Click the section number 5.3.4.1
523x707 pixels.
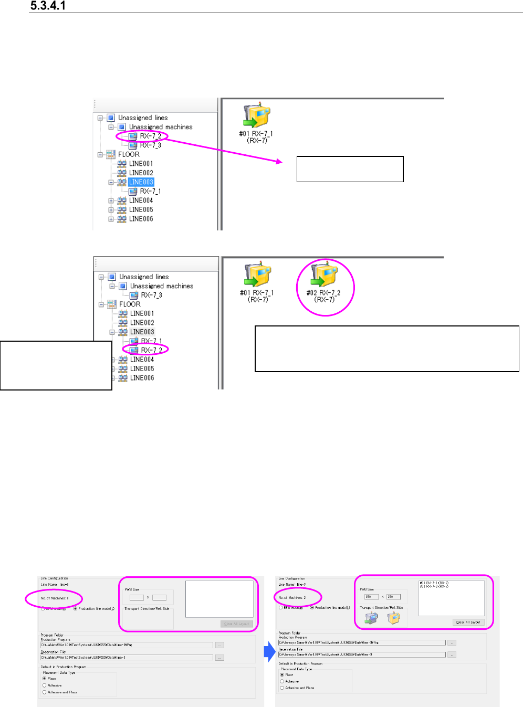(x=48, y=6)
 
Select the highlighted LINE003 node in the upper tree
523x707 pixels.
(x=141, y=182)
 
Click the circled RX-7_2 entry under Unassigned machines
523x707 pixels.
(x=150, y=136)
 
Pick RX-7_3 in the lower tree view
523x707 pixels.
(x=151, y=295)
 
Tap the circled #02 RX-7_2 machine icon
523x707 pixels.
(x=324, y=276)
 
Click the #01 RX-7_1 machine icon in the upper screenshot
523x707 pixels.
(x=256, y=117)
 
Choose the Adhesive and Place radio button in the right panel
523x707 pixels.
(x=282, y=688)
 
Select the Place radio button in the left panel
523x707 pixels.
(x=45, y=679)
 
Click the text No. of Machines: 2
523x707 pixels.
(x=292, y=598)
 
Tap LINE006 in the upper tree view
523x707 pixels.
(x=141, y=219)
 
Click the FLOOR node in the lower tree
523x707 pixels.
(x=129, y=304)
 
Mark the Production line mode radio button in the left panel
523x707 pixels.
(x=76, y=609)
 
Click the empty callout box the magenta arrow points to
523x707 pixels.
(x=350, y=169)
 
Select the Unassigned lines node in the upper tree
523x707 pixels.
(x=142, y=118)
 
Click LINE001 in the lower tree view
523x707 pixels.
(x=142, y=314)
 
